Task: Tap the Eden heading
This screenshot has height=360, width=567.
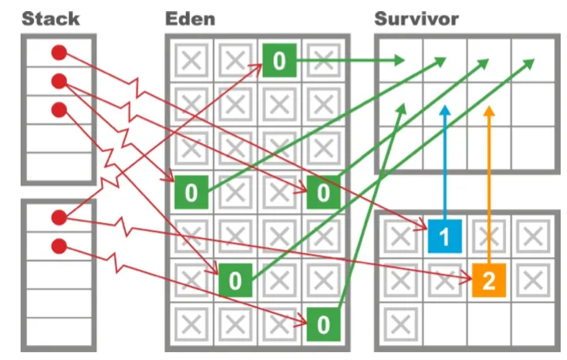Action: [x=191, y=18]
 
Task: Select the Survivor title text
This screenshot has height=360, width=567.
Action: [x=417, y=18]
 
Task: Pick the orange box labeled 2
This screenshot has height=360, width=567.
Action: [x=489, y=280]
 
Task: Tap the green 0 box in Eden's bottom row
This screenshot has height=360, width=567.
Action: [x=322, y=324]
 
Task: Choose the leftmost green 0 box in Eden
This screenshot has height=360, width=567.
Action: [x=191, y=191]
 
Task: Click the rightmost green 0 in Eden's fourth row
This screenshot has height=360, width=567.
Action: [x=322, y=191]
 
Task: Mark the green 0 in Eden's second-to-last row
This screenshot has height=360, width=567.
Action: [x=234, y=280]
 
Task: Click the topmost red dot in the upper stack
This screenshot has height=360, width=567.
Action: [x=59, y=53]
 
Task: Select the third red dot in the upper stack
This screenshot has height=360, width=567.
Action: [x=59, y=110]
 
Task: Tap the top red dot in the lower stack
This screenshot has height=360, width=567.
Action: [x=59, y=217]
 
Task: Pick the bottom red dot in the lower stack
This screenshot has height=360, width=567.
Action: [x=59, y=246]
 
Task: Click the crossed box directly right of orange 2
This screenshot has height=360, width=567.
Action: [x=533, y=280]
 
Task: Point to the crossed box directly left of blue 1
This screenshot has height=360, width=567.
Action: [x=401, y=236]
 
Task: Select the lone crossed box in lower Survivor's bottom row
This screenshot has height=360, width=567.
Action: [x=401, y=324]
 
